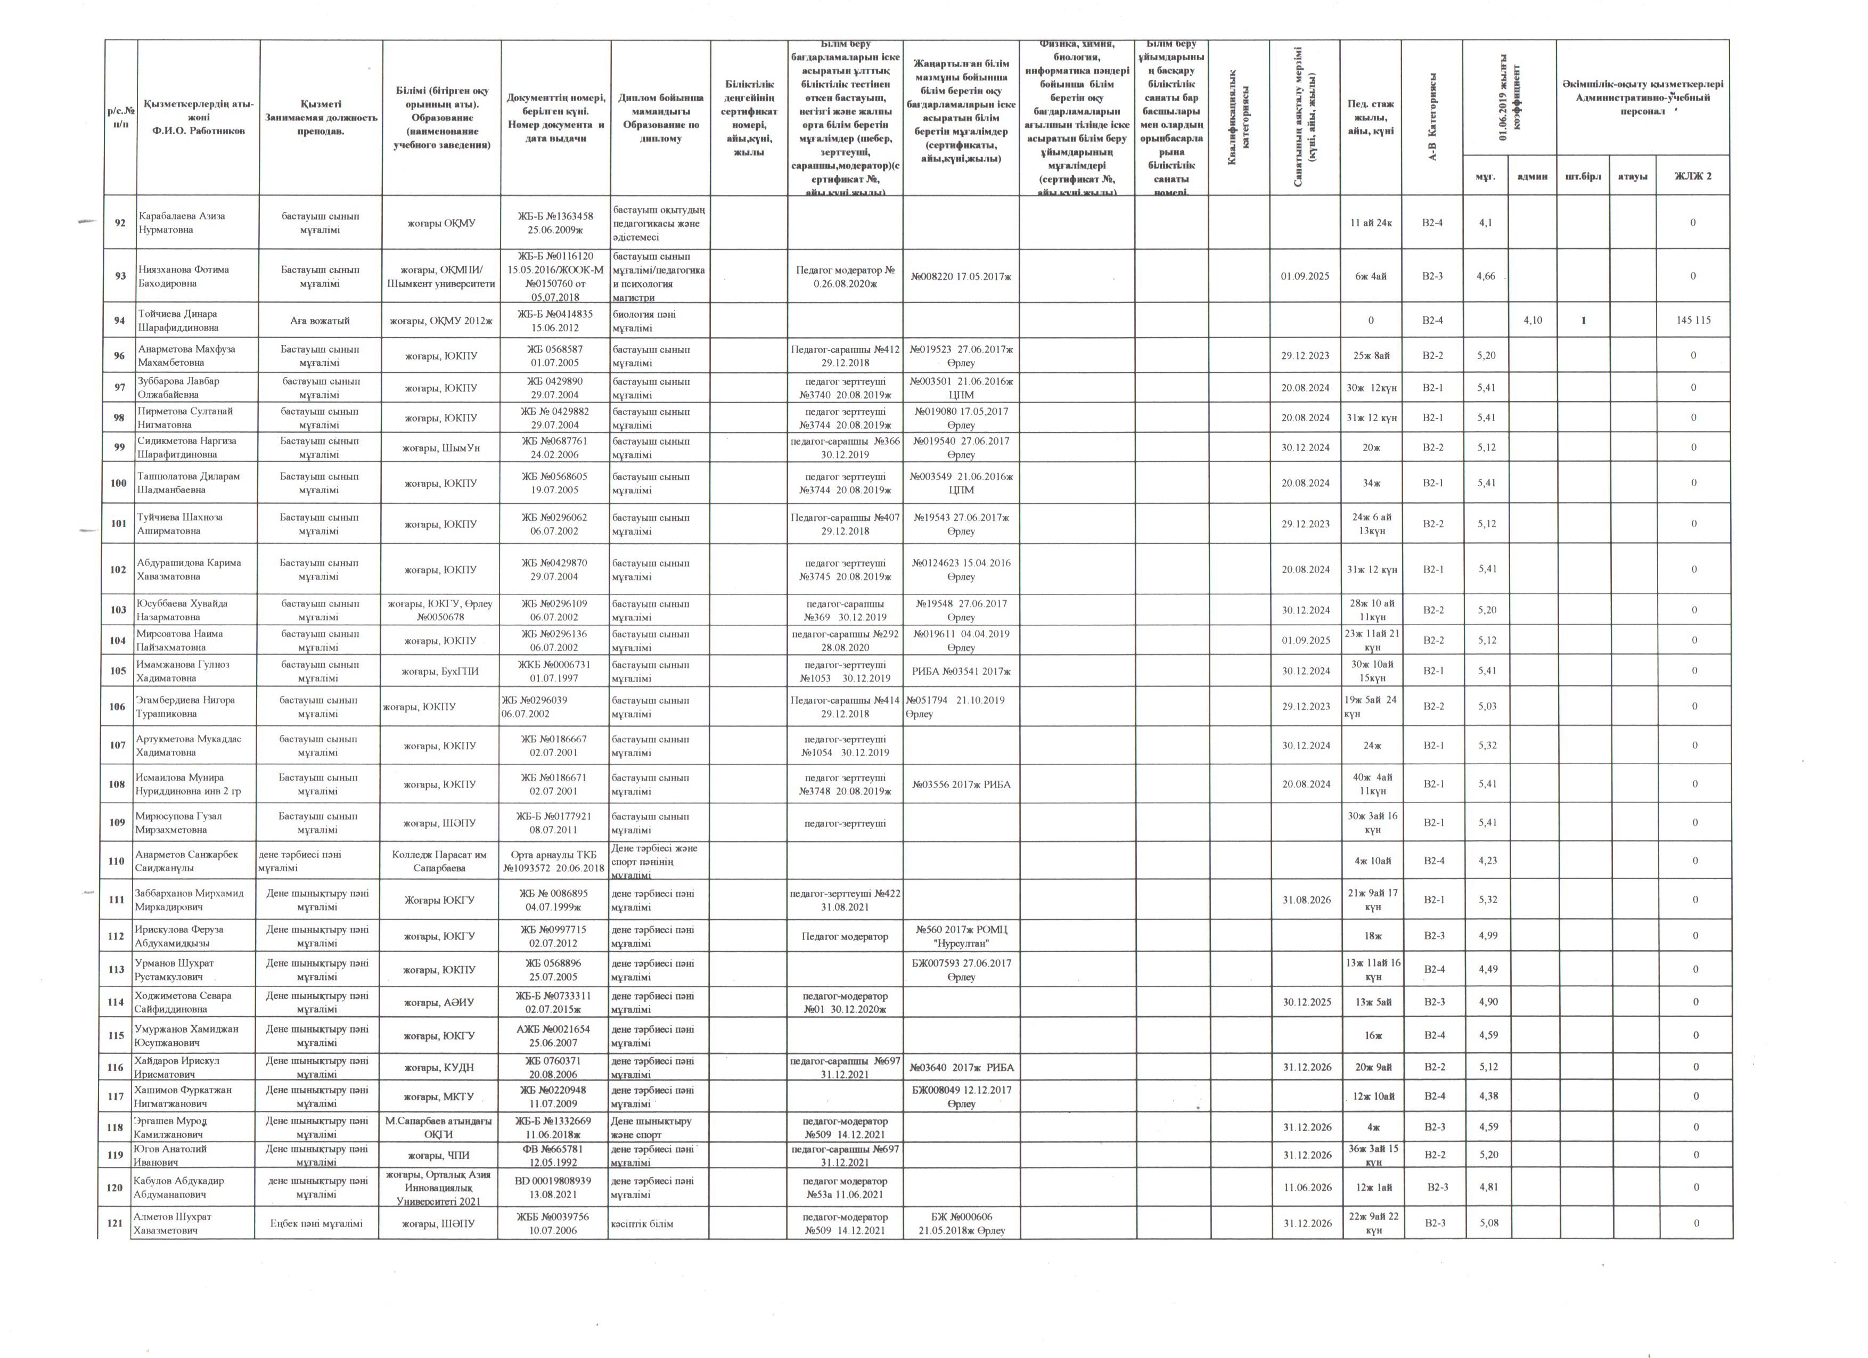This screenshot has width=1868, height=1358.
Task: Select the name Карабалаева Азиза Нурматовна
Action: click(x=181, y=223)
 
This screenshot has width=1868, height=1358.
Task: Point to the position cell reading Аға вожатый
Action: click(x=319, y=321)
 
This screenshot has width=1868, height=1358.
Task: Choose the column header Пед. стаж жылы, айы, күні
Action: click(x=1370, y=118)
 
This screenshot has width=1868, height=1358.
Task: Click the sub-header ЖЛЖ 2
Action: click(x=1693, y=176)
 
